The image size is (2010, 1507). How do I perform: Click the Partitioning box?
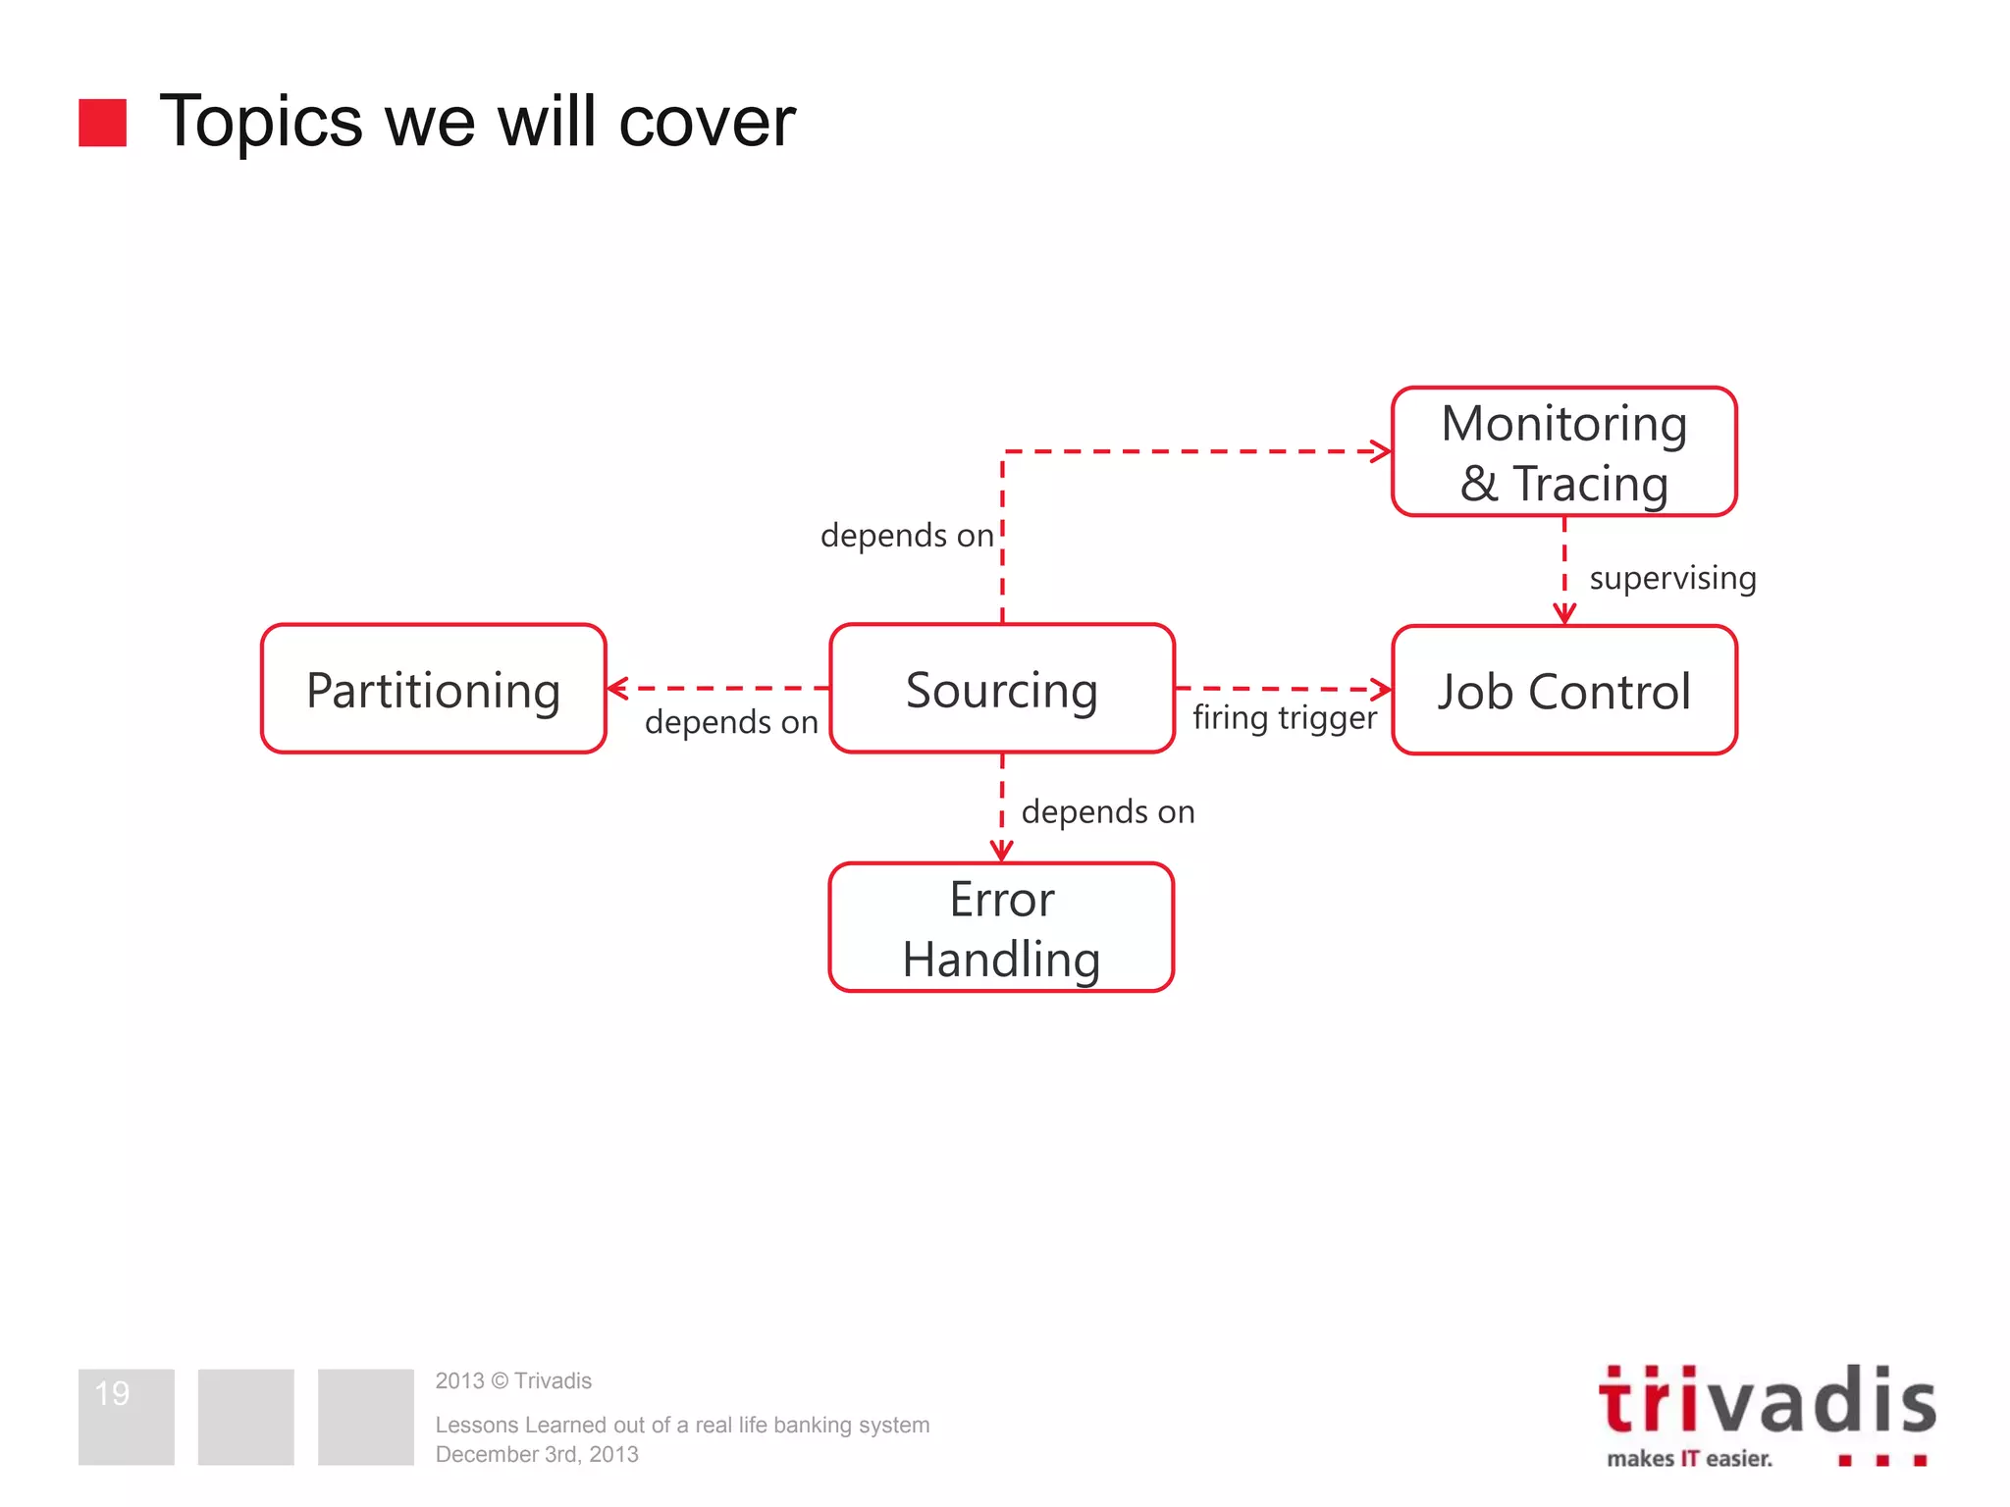pos(433,689)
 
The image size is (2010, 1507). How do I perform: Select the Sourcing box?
pos(1001,689)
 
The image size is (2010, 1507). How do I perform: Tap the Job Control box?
pos(1563,690)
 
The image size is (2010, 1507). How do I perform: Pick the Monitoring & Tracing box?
pos(1563,452)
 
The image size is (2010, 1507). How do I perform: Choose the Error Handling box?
pos(1001,927)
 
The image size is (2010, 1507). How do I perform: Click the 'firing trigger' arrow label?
pos(1284,718)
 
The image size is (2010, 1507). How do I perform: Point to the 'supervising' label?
pos(1672,578)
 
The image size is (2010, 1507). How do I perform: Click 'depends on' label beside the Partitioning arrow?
pos(731,722)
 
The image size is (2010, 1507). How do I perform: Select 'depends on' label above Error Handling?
pos(1107,811)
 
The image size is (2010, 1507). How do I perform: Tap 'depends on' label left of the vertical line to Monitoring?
pos(907,536)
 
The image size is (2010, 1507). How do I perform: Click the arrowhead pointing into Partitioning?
pos(617,689)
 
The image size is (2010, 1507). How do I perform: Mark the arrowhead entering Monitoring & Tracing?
pos(1382,451)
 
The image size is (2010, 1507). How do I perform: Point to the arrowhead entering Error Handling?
pos(1001,851)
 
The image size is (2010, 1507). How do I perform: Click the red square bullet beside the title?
pos(103,123)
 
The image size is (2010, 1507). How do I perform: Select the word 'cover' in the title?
pos(707,123)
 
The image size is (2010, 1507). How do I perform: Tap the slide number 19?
pos(112,1393)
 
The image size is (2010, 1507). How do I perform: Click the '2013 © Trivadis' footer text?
pos(513,1380)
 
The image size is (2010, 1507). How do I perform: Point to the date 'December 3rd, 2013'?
pos(537,1454)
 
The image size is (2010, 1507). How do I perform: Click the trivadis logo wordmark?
pos(1767,1401)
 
